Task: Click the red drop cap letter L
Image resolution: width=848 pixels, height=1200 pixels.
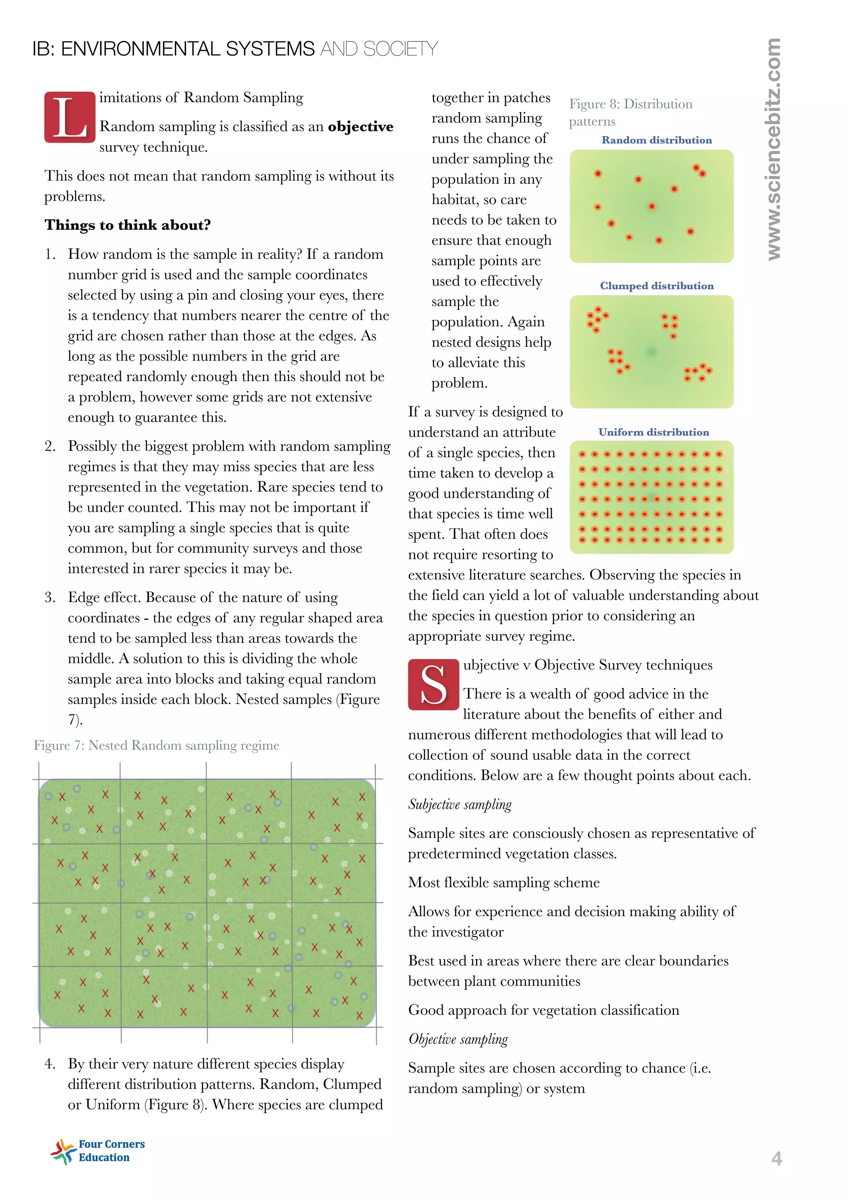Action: [x=70, y=118]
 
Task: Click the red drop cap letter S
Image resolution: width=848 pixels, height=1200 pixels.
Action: [x=433, y=685]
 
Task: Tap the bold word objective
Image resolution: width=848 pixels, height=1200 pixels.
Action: [x=361, y=126]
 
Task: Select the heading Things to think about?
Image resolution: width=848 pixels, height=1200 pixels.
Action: [x=128, y=225]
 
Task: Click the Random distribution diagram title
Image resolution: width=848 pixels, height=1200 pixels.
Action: [x=656, y=140]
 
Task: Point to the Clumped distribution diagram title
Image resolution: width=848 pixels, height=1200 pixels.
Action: [x=656, y=286]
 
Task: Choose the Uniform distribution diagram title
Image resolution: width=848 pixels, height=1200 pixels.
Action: [x=654, y=432]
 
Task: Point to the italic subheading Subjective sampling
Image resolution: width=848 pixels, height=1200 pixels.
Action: [x=460, y=804]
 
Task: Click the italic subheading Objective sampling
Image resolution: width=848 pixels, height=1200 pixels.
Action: [x=458, y=1039]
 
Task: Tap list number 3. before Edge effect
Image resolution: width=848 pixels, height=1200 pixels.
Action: [x=50, y=597]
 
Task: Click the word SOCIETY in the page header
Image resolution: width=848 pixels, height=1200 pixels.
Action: [x=400, y=49]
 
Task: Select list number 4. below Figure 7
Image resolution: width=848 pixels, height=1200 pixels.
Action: [x=50, y=1064]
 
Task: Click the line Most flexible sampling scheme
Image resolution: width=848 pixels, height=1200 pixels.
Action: [x=503, y=883]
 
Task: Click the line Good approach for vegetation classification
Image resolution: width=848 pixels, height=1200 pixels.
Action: [x=543, y=1010]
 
